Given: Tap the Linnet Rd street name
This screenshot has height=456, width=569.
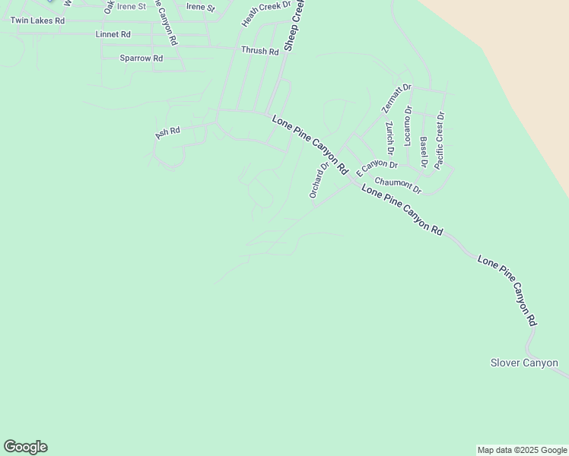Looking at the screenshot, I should click(x=113, y=35).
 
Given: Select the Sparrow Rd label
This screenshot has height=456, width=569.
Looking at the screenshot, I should click(x=141, y=58).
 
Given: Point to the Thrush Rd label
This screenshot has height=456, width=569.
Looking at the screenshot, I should click(x=260, y=51).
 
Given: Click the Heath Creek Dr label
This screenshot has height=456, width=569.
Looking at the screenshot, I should click(x=266, y=14).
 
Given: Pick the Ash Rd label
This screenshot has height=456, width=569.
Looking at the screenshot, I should click(x=167, y=132).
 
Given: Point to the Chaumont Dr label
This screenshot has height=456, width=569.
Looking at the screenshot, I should click(x=398, y=185).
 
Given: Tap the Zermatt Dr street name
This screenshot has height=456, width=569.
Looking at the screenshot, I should click(x=396, y=99).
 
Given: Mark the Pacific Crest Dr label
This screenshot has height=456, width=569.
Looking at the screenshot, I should click(x=440, y=140).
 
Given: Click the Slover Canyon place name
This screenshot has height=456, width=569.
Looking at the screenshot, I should click(x=525, y=363).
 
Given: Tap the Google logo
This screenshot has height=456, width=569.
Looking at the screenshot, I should click(x=25, y=447).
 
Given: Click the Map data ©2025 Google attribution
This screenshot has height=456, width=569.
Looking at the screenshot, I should click(x=522, y=451).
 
